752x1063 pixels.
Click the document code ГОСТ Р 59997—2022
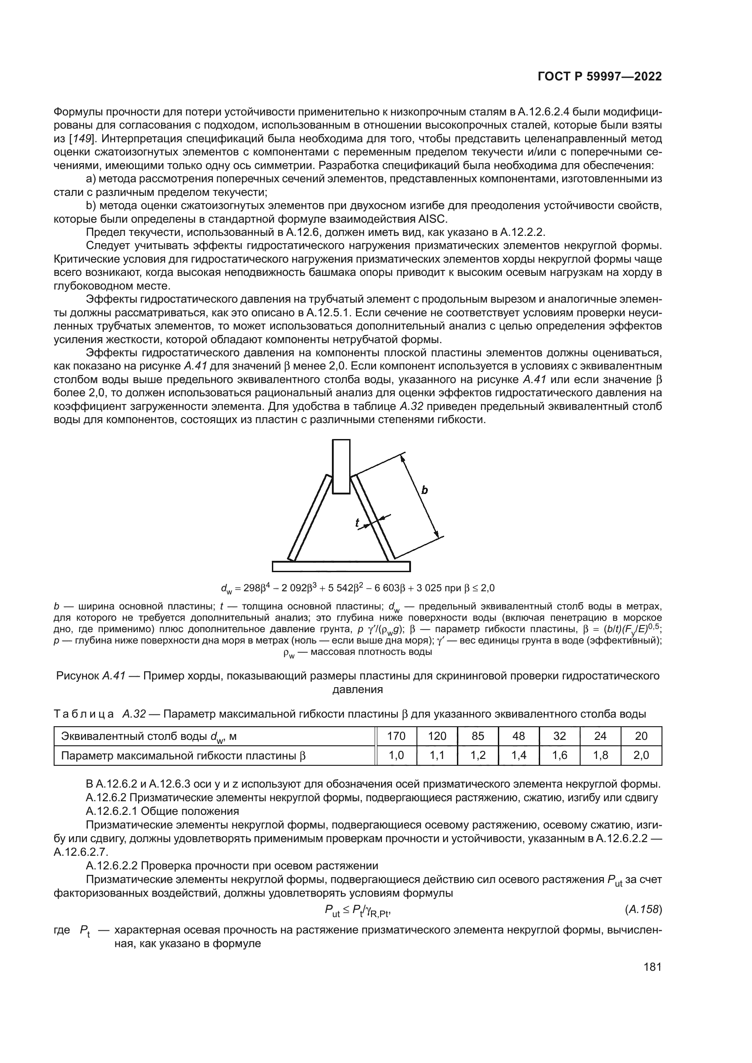click(599, 77)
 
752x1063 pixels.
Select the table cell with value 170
click(396, 736)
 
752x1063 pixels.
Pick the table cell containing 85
click(478, 736)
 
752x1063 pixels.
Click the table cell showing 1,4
click(519, 756)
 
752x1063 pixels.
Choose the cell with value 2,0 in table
click(642, 756)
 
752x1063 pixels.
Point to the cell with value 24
click(600, 736)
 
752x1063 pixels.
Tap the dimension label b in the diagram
click(424, 490)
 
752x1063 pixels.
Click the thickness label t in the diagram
click(357, 523)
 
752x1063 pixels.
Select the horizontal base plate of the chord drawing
click(341, 566)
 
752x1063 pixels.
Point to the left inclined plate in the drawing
click(309, 518)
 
